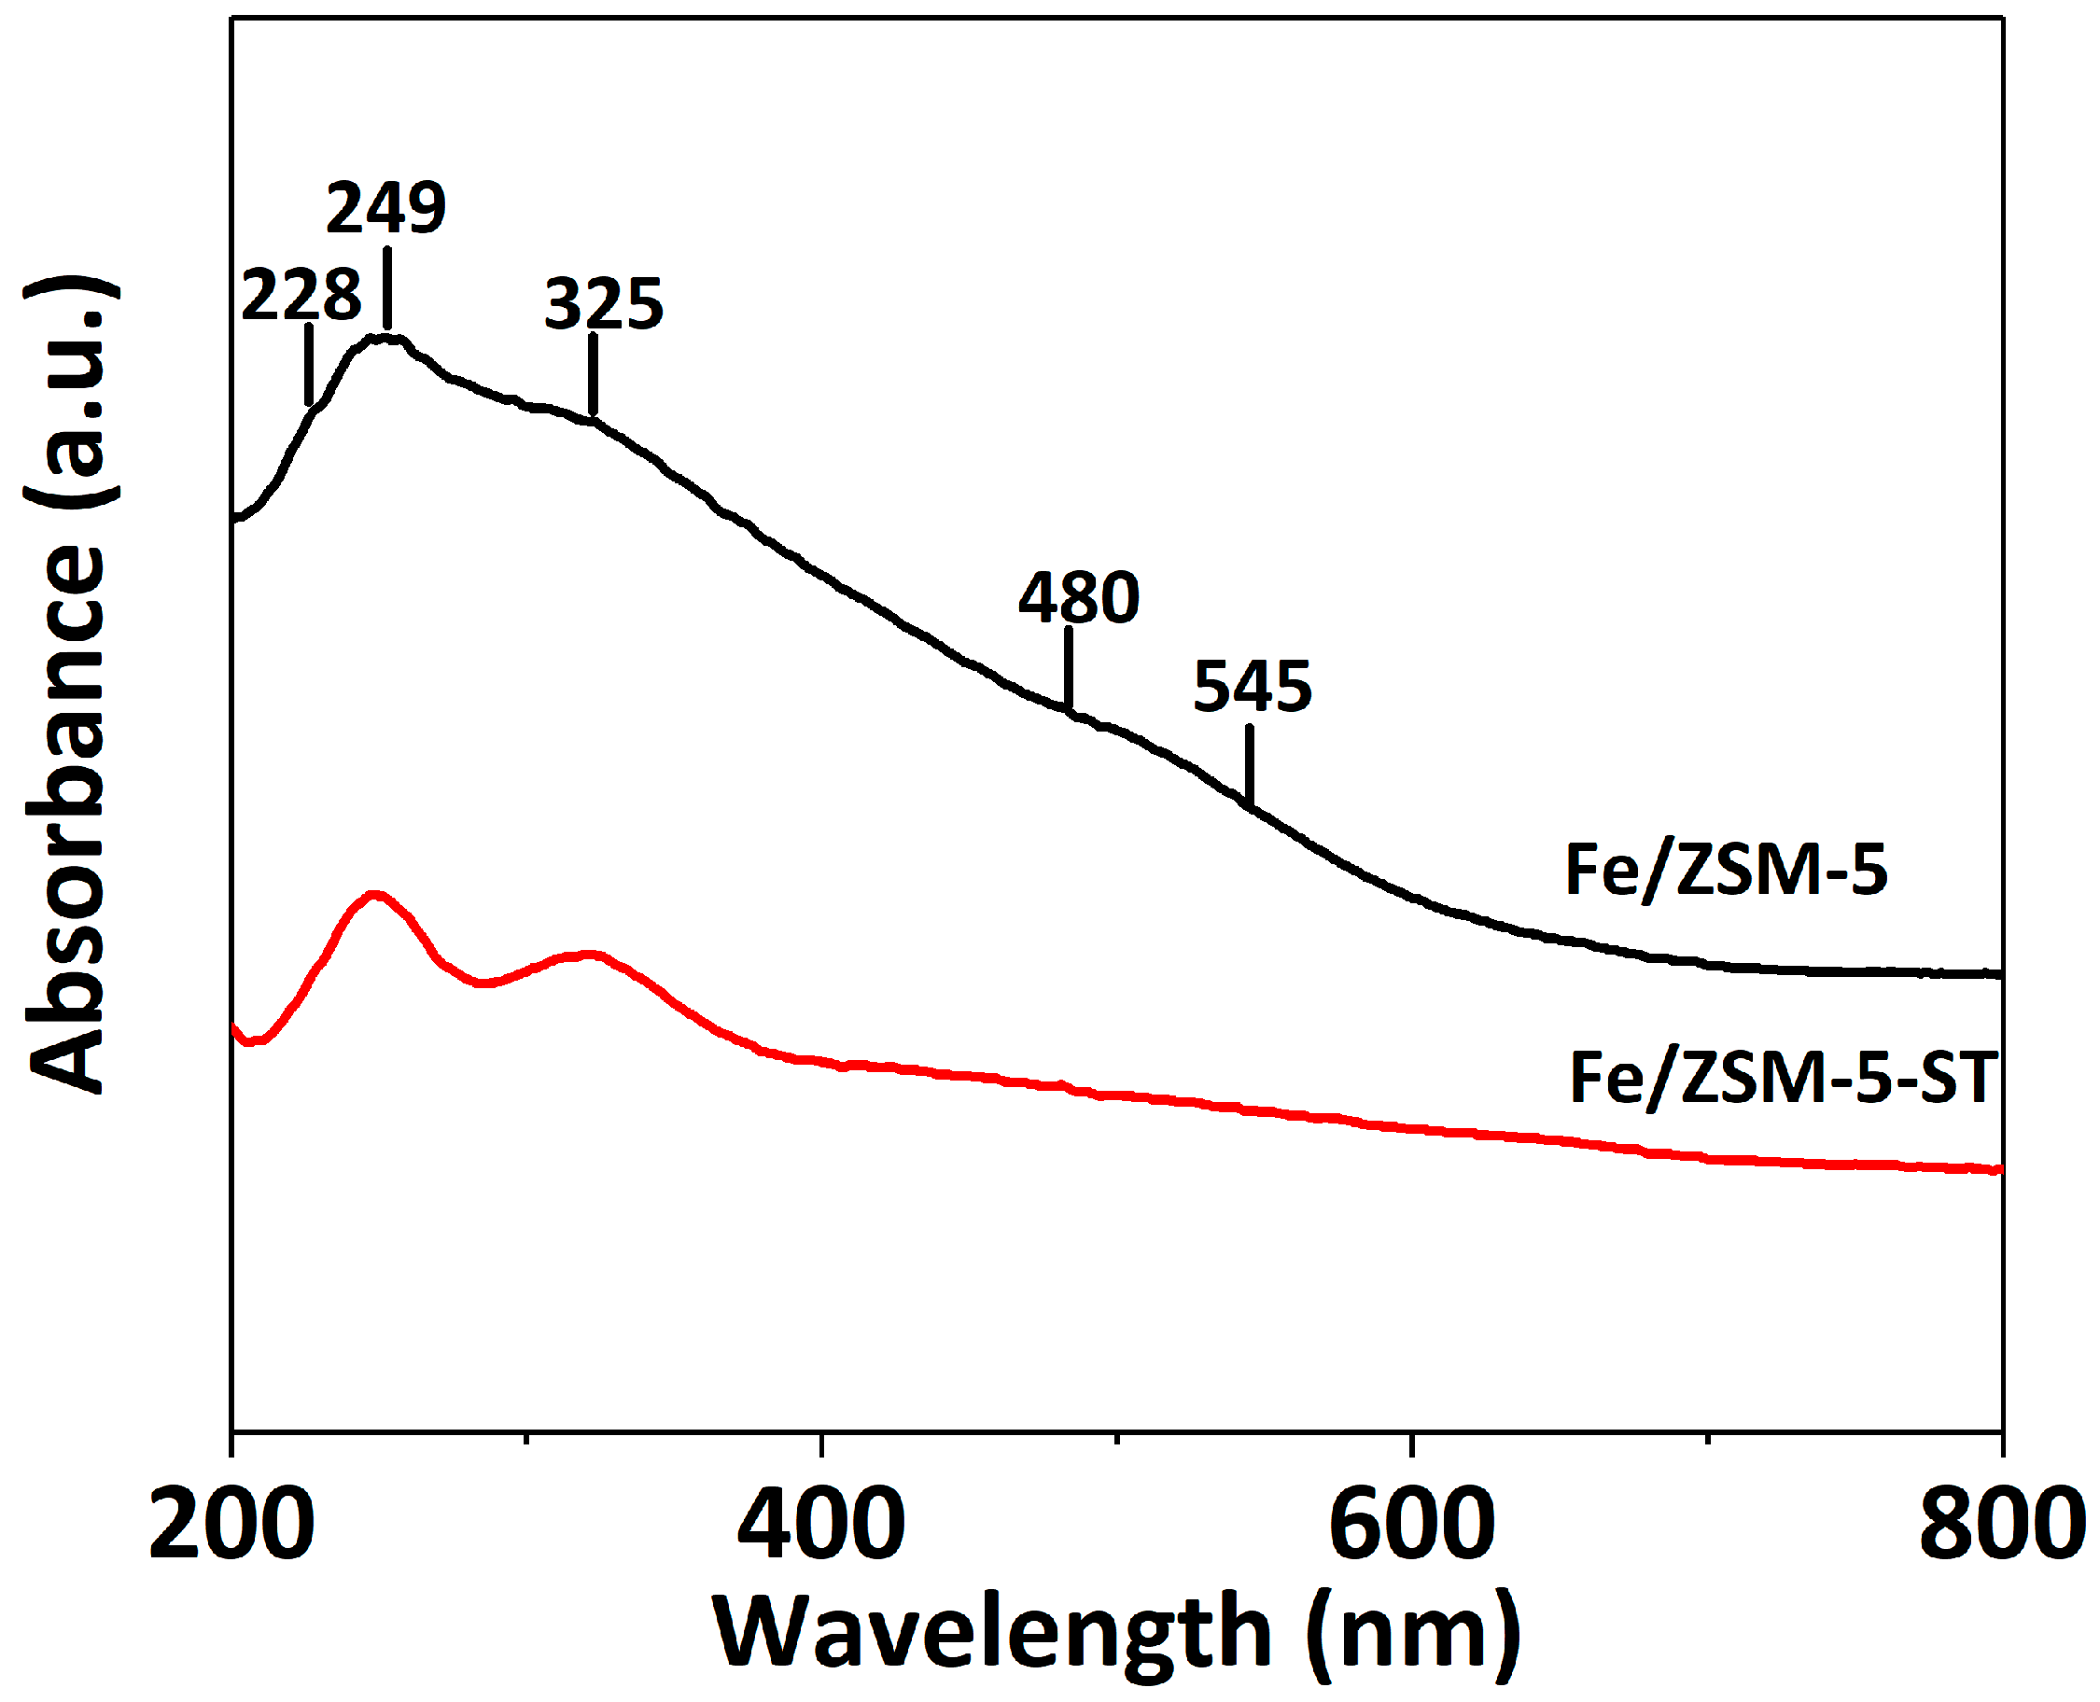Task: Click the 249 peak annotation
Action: coord(385,209)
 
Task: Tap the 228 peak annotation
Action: coord(301,295)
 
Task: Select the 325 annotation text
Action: coord(604,304)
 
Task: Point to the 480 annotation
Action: coord(1078,598)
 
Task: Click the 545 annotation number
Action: coord(1252,686)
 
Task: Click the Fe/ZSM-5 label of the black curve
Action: coord(1726,870)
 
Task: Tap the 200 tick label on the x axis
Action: coord(231,1527)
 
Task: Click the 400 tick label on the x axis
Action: coord(821,1527)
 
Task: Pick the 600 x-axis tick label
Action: coord(1412,1527)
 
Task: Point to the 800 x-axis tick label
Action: coord(2000,1527)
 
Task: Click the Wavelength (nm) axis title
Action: coord(1115,1632)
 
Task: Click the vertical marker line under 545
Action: coord(1249,765)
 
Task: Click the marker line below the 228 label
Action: coord(309,364)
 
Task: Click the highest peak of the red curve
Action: coord(373,894)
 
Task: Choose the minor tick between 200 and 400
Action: coord(526,1438)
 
